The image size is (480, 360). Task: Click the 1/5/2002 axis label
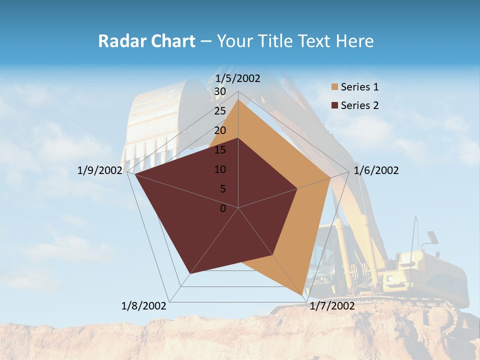(x=237, y=78)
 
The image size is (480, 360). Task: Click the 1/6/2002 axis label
(x=376, y=170)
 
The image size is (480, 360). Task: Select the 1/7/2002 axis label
(x=332, y=305)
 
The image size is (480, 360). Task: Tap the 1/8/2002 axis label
(x=144, y=305)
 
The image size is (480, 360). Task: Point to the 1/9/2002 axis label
(x=100, y=170)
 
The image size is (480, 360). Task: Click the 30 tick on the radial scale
(x=220, y=91)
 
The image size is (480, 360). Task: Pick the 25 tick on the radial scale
(x=220, y=111)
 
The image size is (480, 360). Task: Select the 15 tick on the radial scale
(x=220, y=150)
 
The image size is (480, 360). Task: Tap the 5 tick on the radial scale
(x=222, y=189)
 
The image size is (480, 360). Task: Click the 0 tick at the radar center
(x=223, y=208)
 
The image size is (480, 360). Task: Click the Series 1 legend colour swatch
(x=335, y=87)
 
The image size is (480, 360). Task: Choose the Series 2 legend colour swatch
(x=335, y=105)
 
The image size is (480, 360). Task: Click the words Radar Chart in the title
(x=146, y=41)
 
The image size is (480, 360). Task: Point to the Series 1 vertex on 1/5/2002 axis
(x=238, y=100)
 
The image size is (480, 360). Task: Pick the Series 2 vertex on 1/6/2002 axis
(x=297, y=188)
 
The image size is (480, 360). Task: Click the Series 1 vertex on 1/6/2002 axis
(x=330, y=177)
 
